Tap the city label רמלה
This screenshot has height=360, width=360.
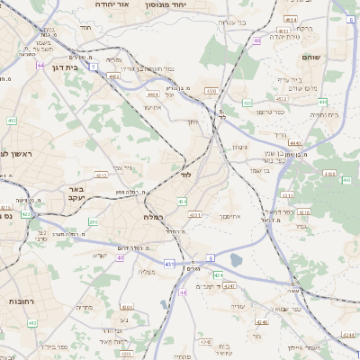tap(152, 217)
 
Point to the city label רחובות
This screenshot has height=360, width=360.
tap(20, 299)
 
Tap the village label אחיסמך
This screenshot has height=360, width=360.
tap(231, 217)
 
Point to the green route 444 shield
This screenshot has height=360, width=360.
tap(347, 181)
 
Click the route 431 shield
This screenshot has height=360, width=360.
tap(169, 264)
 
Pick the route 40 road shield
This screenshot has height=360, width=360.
tap(121, 258)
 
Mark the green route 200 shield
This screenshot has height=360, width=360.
tap(93, 220)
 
